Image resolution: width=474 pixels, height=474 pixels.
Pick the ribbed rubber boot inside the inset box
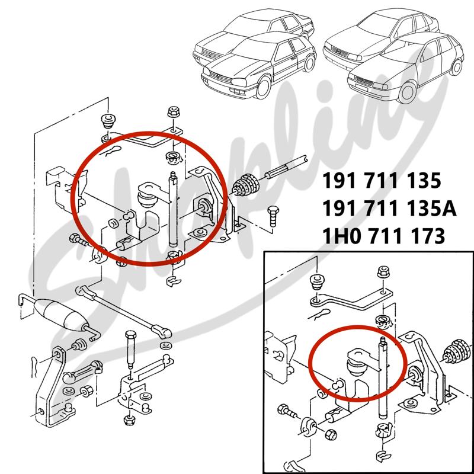click(x=457, y=354)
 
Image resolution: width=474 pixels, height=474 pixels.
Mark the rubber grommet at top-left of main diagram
click(x=108, y=120)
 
